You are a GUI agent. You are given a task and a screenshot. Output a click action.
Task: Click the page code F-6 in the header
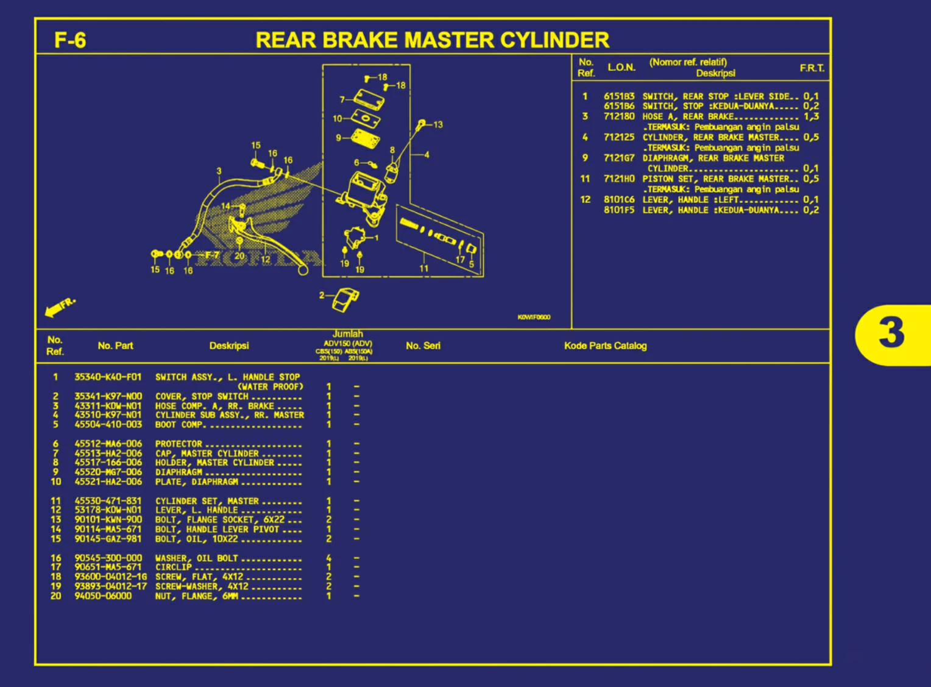(x=70, y=40)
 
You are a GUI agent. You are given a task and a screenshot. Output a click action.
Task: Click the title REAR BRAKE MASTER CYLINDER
(x=432, y=40)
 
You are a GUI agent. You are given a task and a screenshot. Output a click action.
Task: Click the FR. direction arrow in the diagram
(x=60, y=307)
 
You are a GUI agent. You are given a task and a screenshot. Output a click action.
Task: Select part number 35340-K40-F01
(x=108, y=377)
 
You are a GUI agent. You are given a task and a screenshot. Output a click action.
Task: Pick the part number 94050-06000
(x=103, y=596)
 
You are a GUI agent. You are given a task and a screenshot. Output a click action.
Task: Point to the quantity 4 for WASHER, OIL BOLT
(x=328, y=558)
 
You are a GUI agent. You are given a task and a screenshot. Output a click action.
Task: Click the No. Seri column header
(x=423, y=346)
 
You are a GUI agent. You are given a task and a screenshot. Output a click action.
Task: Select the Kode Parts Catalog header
(x=605, y=346)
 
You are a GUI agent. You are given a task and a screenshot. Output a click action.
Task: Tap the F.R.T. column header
(x=812, y=68)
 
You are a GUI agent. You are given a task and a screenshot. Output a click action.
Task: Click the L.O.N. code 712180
(x=618, y=116)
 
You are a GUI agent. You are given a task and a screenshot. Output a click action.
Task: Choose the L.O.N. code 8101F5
(x=618, y=210)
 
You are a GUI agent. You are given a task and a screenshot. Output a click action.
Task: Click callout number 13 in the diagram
(x=437, y=124)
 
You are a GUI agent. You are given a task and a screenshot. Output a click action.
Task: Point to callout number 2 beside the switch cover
(x=322, y=295)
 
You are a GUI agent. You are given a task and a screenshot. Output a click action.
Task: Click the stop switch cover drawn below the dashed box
(x=345, y=299)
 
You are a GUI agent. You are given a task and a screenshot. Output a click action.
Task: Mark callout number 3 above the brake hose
(x=219, y=171)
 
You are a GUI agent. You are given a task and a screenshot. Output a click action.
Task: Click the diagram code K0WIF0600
(x=534, y=317)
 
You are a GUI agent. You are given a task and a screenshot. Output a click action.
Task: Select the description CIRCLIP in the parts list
(x=174, y=568)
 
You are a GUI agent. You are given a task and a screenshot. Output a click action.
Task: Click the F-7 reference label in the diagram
(x=211, y=255)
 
